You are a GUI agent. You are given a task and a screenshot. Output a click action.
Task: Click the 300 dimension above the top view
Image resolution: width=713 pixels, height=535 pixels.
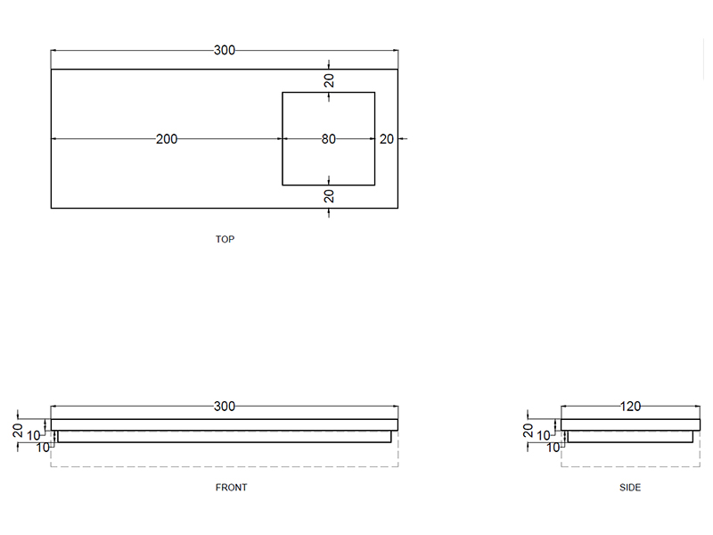click(x=225, y=51)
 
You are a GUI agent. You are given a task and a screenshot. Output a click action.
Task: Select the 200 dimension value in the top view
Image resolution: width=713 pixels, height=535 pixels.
click(x=167, y=139)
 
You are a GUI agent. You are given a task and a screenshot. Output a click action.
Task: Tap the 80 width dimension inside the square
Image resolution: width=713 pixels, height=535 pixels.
click(x=328, y=139)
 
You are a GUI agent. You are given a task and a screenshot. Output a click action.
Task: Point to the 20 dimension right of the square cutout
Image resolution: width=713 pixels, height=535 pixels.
click(x=386, y=139)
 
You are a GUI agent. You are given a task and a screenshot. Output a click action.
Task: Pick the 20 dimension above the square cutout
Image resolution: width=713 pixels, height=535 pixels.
click(x=329, y=80)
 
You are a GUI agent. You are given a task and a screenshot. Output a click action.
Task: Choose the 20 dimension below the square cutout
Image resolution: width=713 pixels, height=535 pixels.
click(x=329, y=196)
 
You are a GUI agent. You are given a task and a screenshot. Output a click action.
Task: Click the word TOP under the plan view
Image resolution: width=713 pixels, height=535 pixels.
click(x=225, y=240)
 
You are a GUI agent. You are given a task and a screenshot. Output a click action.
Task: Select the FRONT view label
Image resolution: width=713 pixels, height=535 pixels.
click(x=232, y=488)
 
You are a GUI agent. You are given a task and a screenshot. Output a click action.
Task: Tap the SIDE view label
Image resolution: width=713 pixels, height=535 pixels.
click(x=630, y=488)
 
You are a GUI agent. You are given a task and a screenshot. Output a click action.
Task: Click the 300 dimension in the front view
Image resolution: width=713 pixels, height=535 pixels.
click(x=225, y=407)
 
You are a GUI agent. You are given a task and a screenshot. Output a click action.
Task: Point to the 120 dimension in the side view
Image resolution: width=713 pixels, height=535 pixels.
click(x=630, y=407)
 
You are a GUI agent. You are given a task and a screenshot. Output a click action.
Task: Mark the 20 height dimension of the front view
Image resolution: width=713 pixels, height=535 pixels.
click(x=18, y=430)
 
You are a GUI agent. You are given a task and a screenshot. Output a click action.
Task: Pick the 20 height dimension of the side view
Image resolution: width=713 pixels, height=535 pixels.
click(x=528, y=430)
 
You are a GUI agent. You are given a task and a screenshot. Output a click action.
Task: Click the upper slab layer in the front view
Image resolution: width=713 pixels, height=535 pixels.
click(x=225, y=424)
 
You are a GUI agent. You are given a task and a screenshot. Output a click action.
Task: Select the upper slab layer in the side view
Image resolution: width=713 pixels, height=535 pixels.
click(x=630, y=424)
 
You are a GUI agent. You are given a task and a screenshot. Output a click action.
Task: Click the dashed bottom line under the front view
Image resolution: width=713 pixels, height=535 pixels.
click(x=225, y=466)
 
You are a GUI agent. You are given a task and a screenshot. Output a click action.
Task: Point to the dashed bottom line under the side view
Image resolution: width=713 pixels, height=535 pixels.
click(x=630, y=466)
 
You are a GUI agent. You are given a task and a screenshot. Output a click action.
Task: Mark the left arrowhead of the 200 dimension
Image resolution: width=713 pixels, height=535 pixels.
click(x=54, y=139)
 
